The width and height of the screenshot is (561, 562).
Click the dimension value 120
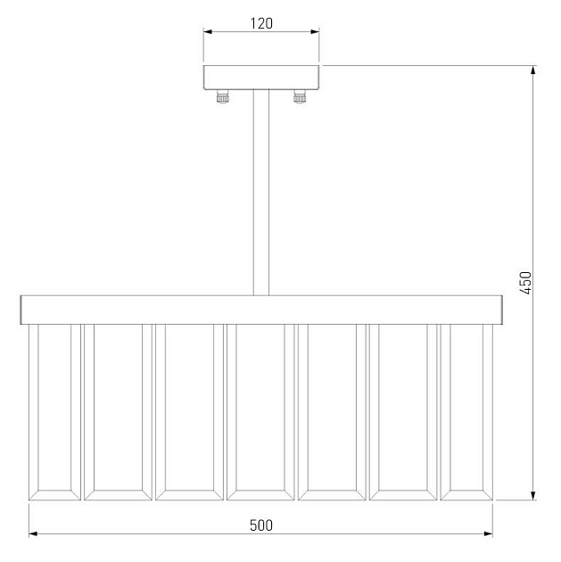coord(260,24)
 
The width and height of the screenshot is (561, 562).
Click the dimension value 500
coord(260,525)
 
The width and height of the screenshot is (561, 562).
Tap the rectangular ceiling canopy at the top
coord(261,77)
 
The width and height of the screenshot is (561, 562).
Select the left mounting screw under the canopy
coord(220,97)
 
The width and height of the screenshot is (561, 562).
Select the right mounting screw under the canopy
coord(301,97)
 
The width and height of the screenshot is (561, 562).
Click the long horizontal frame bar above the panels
coord(261,309)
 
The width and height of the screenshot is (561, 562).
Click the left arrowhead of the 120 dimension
coord(209,33)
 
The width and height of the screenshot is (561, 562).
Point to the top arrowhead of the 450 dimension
coord(532,70)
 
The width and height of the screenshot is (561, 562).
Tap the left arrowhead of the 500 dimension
coord(34,534)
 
